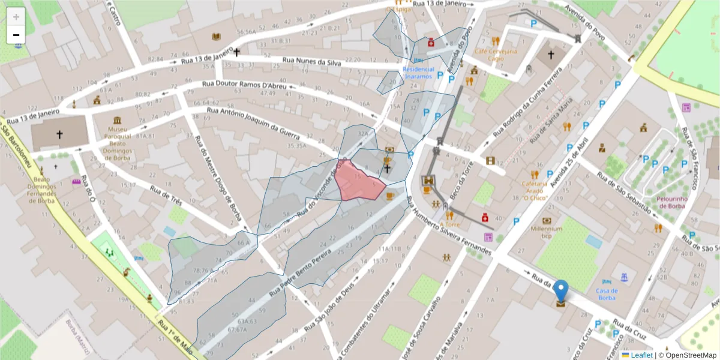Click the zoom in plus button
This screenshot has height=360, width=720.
tap(16, 17)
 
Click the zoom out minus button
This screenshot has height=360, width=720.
tap(16, 35)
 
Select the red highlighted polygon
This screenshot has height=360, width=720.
tap(358, 182)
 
